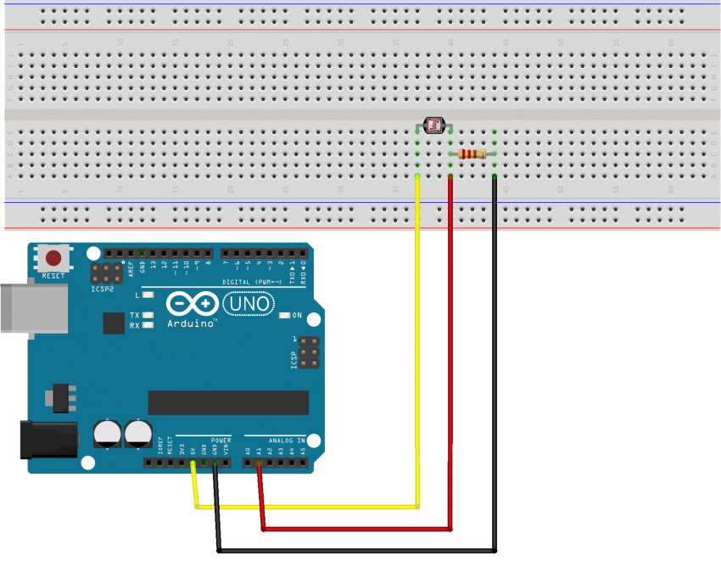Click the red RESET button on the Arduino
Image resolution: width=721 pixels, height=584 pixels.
coord(53,258)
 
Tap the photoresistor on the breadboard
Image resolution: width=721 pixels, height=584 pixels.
coord(433,126)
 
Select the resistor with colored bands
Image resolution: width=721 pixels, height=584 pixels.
coord(472,154)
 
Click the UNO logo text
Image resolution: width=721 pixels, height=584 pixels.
coord(248,304)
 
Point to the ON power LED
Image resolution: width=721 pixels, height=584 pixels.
coord(284,316)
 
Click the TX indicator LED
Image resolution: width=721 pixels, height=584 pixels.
coord(148,315)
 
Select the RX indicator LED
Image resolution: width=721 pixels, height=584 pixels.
coord(148,325)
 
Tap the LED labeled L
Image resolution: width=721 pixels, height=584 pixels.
coord(148,295)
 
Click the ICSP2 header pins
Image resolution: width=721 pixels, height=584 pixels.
coord(107,272)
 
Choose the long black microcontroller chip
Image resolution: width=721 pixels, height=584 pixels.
coord(228,402)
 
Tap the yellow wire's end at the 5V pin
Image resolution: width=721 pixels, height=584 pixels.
coord(193,463)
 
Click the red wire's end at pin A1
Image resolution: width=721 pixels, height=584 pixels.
coord(259,463)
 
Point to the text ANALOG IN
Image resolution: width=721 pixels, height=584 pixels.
coord(288,441)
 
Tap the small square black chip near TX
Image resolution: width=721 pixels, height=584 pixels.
coord(114,323)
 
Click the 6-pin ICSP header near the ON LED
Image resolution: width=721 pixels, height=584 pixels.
coord(308,351)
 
